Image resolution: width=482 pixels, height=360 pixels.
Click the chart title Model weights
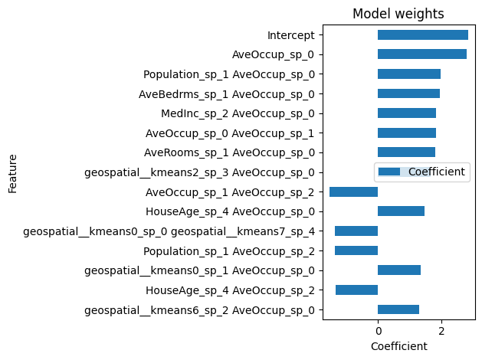(398, 14)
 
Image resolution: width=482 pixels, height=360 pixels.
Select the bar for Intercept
(422, 35)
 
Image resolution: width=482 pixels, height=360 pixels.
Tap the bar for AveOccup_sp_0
(421, 54)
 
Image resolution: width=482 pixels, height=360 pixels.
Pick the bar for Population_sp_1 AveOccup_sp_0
(408, 74)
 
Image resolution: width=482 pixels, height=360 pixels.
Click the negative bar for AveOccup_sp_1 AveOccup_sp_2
(353, 191)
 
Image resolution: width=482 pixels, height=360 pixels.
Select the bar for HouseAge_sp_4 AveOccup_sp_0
(401, 211)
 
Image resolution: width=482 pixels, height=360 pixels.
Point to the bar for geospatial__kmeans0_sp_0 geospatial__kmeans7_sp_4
(356, 231)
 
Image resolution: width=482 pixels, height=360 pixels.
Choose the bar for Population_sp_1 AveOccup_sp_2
(356, 250)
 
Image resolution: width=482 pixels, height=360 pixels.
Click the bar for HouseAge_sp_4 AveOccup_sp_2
(356, 290)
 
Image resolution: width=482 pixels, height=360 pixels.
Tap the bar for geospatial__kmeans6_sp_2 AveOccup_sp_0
(398, 309)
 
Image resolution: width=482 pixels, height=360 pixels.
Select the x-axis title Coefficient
(398, 346)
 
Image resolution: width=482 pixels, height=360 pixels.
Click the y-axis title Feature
(13, 172)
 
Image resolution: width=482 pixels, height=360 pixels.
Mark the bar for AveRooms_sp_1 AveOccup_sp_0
(406, 152)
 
